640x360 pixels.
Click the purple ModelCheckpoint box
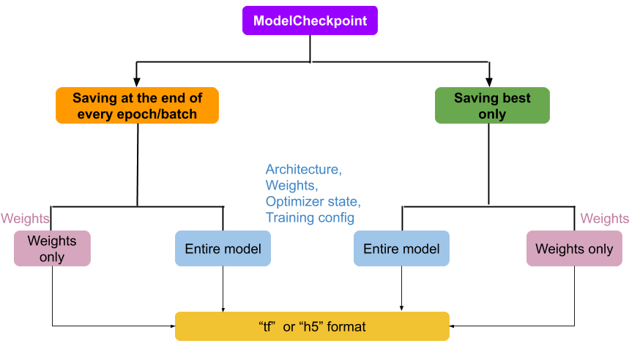(x=310, y=20)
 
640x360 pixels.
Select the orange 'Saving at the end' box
(x=137, y=106)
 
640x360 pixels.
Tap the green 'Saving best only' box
(x=492, y=106)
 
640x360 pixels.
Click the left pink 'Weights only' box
(x=52, y=249)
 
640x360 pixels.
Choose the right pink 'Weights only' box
(x=574, y=249)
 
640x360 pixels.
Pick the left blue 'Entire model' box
(x=223, y=249)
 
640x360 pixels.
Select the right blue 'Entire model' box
(x=401, y=249)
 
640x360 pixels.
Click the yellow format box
(x=312, y=326)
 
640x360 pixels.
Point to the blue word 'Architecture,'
(x=303, y=170)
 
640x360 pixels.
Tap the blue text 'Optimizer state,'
(x=313, y=201)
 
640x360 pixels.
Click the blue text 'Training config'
(x=310, y=217)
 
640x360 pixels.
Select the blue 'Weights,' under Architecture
(x=291, y=186)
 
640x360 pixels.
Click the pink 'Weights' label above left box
(x=25, y=219)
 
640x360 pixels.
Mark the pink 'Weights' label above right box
(x=604, y=219)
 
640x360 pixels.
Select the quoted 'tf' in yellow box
(x=268, y=326)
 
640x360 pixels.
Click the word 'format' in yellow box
(x=346, y=326)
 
